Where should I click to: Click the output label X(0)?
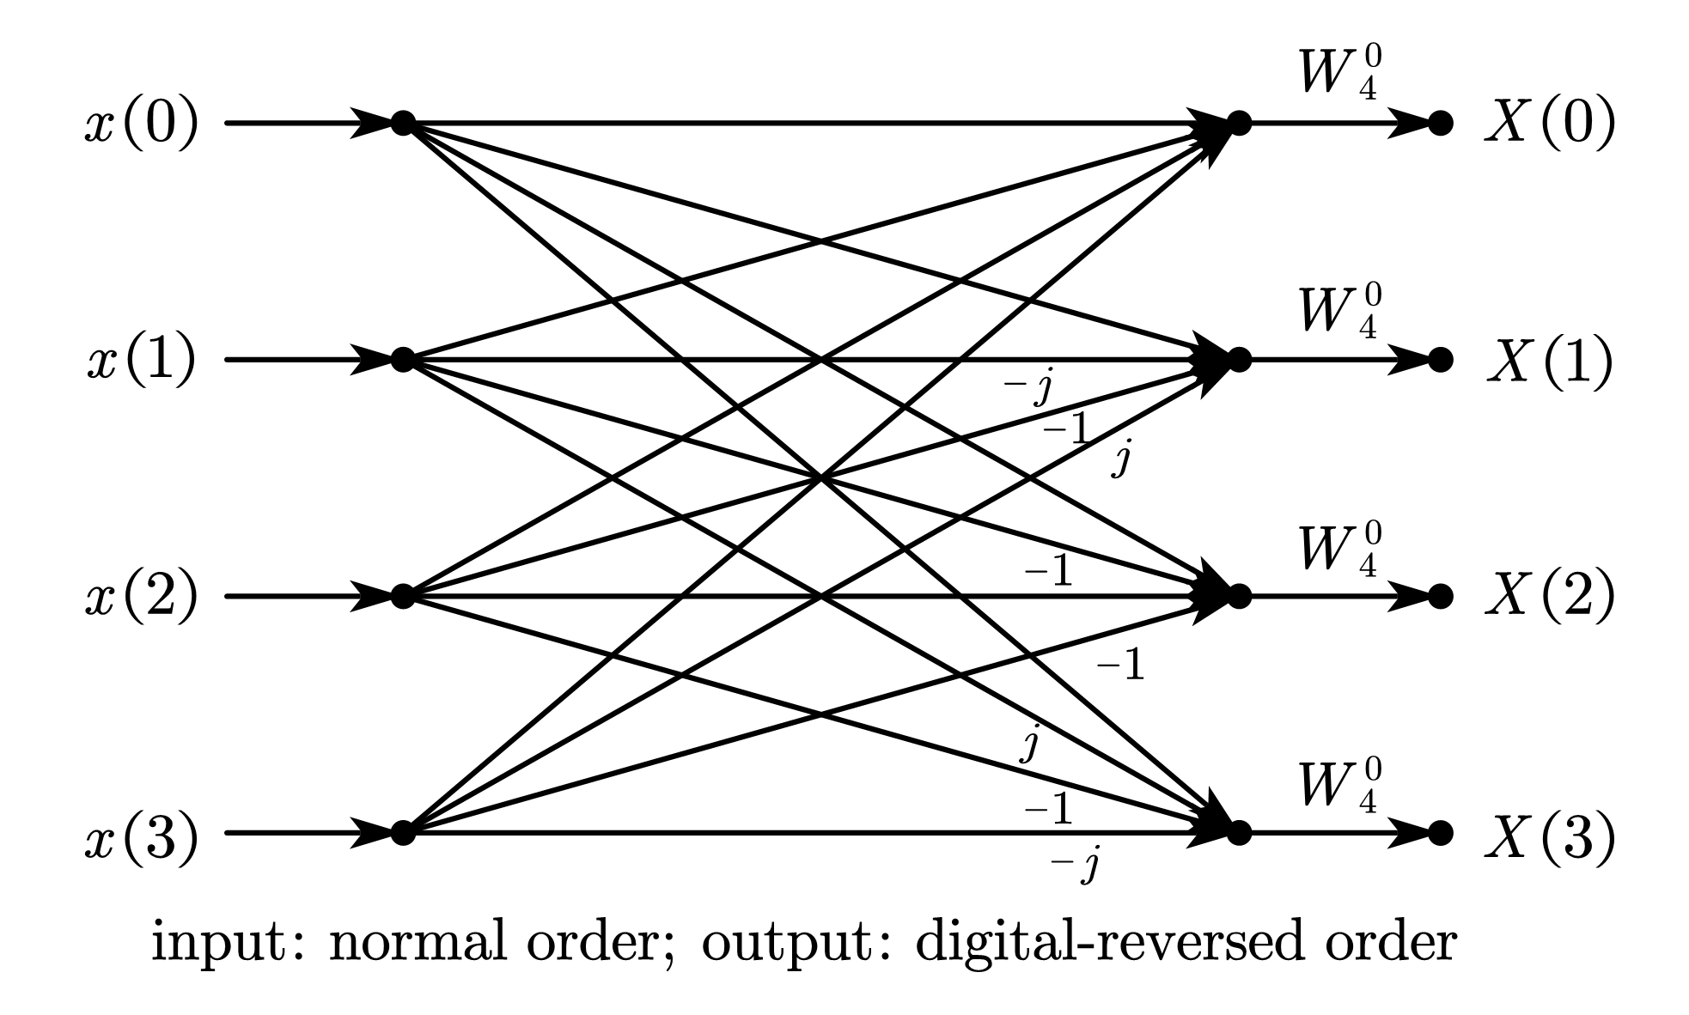click(1549, 125)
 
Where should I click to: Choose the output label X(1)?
click(1549, 361)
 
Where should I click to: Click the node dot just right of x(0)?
click(403, 124)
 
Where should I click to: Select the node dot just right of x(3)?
click(403, 833)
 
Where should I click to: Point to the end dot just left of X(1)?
click(1441, 360)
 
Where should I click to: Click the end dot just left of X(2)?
click(1441, 596)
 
